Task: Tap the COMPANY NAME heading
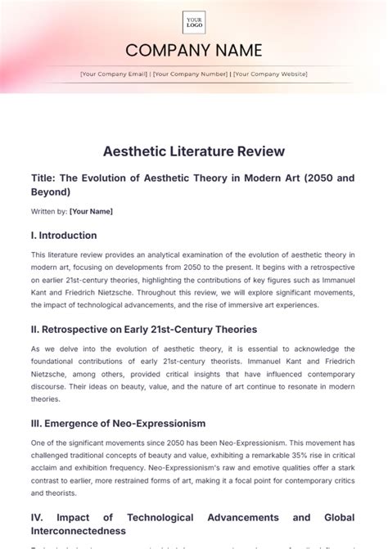[x=194, y=51]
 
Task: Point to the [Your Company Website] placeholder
[x=270, y=74]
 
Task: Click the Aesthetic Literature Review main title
[x=194, y=151]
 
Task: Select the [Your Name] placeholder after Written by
[x=91, y=211]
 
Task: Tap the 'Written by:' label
[x=47, y=211]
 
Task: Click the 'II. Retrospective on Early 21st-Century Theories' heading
[x=142, y=329]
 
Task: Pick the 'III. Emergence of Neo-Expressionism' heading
[x=117, y=423]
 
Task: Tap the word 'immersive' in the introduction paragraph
[x=253, y=305]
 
